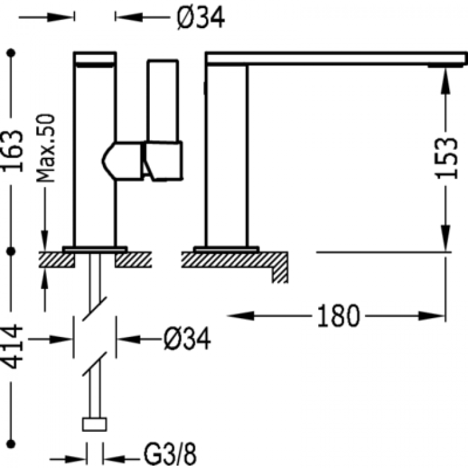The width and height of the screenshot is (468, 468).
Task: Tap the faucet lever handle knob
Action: point(163,160)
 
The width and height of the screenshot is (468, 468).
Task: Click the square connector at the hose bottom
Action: point(95,424)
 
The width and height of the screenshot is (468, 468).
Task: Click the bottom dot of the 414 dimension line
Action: point(11,444)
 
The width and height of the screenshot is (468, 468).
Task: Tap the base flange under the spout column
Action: point(226,250)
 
